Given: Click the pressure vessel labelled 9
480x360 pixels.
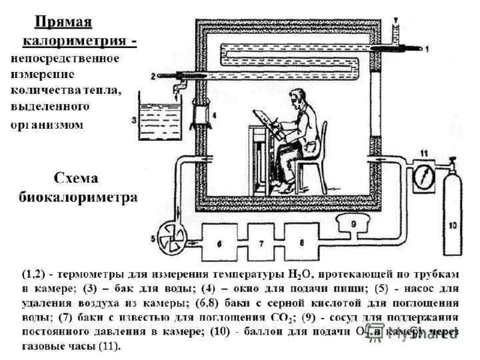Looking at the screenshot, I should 354,219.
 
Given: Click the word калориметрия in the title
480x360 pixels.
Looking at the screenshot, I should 75,41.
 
